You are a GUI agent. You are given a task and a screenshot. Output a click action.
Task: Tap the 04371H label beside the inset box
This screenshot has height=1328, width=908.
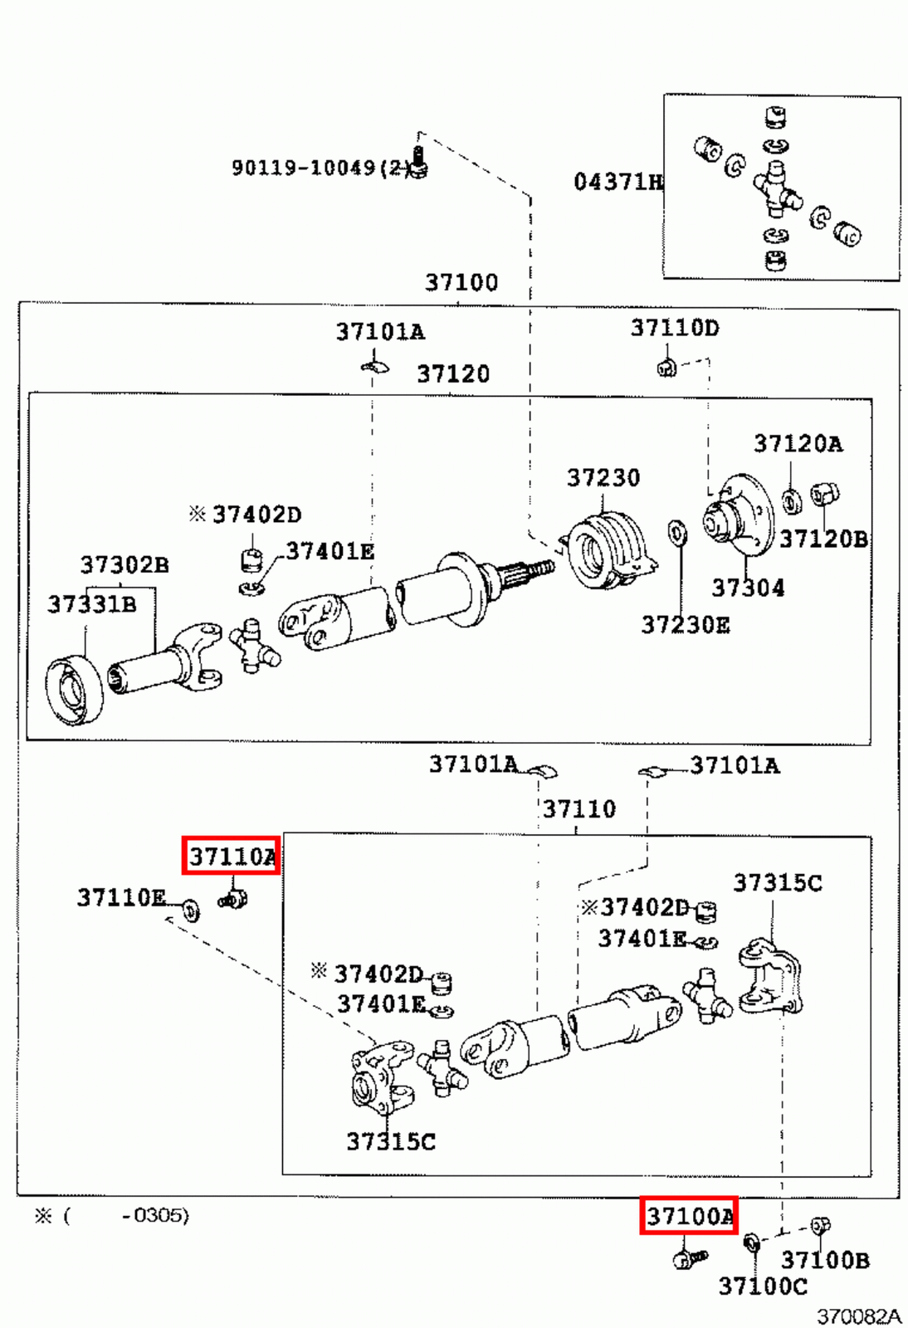618,182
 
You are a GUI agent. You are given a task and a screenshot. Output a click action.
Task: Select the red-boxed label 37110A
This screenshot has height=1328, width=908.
232,856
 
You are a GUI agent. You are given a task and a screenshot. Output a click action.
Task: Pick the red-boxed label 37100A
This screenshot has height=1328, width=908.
689,1216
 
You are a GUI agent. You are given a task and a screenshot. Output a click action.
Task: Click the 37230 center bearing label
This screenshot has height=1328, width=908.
603,478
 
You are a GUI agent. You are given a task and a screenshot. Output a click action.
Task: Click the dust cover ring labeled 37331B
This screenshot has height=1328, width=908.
74,690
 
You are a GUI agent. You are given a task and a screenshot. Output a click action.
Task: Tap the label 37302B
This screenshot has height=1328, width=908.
124,565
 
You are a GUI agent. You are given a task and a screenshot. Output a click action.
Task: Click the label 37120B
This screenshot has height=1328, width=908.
823,539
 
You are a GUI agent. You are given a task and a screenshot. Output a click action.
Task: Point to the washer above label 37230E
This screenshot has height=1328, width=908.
677,533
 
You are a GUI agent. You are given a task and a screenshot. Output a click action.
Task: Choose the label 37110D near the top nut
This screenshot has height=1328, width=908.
675,328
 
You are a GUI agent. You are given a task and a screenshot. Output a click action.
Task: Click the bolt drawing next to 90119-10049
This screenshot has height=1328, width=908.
419,164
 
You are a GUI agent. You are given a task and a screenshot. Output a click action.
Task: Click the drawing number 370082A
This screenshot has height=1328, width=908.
858,1316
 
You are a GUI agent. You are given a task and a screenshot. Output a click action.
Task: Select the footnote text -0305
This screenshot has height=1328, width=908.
154,1216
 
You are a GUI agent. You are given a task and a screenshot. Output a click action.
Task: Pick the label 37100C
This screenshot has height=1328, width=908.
762,1286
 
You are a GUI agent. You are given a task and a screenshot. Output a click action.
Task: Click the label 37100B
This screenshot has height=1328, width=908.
825,1260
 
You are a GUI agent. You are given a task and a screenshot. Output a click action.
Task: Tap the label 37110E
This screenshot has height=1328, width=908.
121,897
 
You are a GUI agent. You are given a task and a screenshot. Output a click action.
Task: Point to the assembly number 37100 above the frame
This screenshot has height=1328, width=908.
461,283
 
